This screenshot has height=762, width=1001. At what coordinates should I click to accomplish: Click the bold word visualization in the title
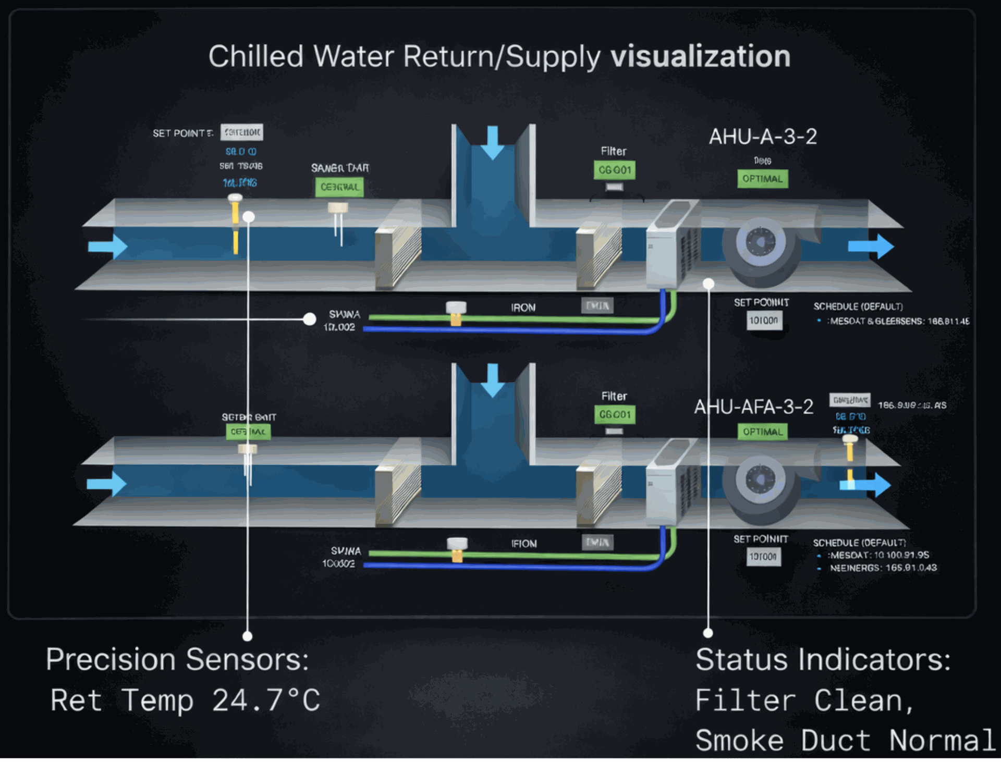(700, 56)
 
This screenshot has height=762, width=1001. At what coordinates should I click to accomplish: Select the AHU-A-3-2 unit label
(762, 137)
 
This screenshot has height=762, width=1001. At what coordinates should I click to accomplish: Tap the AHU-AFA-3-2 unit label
(753, 407)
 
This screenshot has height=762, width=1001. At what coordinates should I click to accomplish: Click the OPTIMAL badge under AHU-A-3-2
(762, 179)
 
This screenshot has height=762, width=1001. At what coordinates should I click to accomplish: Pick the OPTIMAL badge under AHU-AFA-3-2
(762, 432)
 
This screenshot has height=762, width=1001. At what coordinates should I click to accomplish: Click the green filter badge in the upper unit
(614, 170)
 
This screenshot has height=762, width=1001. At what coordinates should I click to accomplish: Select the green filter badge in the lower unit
(614, 415)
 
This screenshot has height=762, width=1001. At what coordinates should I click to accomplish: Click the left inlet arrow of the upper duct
(108, 247)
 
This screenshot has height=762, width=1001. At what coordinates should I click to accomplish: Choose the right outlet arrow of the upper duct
(871, 246)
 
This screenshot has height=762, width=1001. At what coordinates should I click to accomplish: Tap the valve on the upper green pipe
(456, 313)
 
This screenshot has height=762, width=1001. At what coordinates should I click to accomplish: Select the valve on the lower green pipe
(457, 549)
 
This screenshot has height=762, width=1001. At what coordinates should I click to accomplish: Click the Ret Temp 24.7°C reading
(185, 700)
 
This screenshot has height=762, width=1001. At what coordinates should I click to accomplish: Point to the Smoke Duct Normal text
(845, 740)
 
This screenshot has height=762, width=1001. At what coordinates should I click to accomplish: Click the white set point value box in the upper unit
(764, 321)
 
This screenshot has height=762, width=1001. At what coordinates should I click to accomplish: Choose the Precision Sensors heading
(177, 659)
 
